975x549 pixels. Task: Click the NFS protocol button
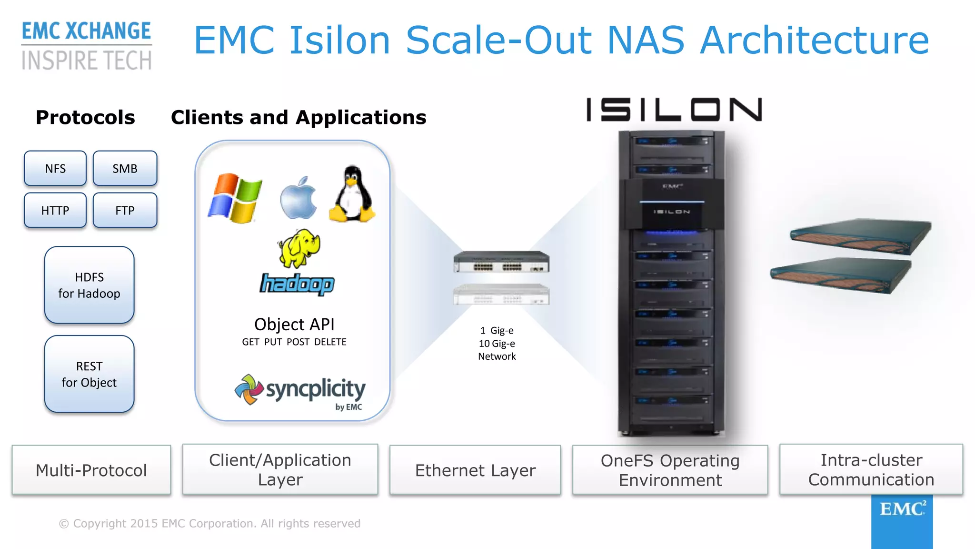[55, 168]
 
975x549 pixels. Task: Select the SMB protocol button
[125, 168]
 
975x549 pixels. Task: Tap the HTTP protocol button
[55, 210]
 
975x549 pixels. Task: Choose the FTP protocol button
[125, 210]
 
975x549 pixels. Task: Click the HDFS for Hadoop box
[89, 285]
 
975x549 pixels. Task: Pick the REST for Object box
[89, 374]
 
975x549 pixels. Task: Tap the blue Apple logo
[298, 198]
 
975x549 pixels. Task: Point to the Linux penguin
[352, 194]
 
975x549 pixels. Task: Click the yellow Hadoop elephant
[299, 248]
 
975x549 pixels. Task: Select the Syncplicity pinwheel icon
[249, 389]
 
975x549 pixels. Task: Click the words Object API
[294, 325]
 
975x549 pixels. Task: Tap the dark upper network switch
[501, 262]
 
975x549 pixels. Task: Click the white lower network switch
[501, 294]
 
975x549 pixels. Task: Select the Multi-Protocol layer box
[91, 470]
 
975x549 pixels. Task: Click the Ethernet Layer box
[475, 470]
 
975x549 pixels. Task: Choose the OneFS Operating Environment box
[670, 470]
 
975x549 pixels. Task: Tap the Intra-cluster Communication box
[871, 469]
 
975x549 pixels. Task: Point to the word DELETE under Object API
[330, 342]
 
